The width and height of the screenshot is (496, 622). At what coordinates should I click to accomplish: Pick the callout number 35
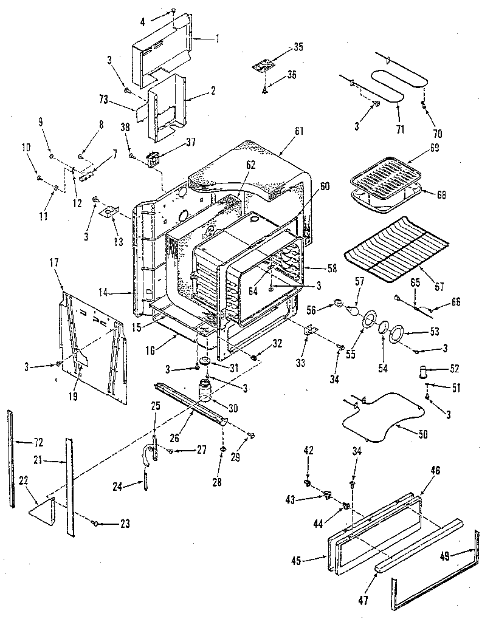(x=298, y=47)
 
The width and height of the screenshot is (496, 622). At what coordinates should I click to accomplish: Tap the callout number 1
(x=217, y=36)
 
